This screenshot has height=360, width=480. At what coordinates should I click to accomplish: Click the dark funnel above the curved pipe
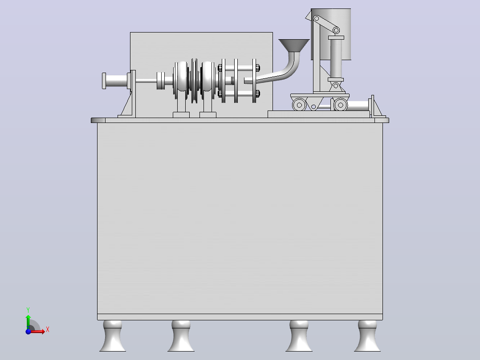[294, 45]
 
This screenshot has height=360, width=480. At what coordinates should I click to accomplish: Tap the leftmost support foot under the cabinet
[113, 336]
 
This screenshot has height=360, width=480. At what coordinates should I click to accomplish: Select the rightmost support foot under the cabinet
[367, 336]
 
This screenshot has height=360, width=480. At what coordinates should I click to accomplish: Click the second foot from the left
[181, 336]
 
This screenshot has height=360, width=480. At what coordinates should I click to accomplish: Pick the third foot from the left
[299, 336]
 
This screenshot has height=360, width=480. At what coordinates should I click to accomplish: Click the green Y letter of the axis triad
[28, 310]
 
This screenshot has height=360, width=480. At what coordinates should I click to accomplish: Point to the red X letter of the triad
[48, 330]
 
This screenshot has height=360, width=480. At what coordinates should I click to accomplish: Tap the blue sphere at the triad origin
[28, 331]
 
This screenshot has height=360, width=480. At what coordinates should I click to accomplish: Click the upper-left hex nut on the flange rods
[220, 68]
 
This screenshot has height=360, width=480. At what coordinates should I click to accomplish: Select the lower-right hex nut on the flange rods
[257, 94]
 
